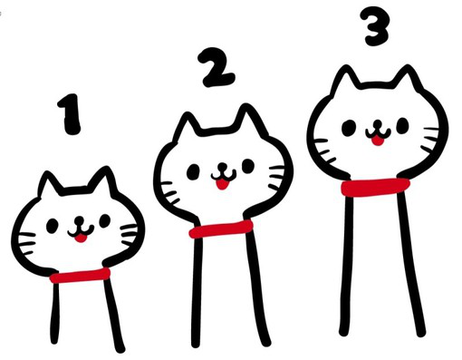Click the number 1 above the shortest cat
click(x=70, y=114)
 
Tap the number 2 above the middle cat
click(x=216, y=67)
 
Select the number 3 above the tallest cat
click(x=374, y=26)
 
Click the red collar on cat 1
click(x=80, y=276)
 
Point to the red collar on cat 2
click(x=221, y=229)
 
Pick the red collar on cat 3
click(x=375, y=187)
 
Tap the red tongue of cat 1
click(x=81, y=238)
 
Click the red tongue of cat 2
click(x=222, y=184)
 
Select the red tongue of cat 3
click(x=377, y=141)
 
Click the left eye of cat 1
click(x=52, y=226)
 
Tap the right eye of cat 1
click(x=105, y=220)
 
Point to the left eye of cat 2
click(x=193, y=171)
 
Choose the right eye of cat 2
click(x=248, y=166)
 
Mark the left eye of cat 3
click(x=348, y=128)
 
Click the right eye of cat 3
click(x=402, y=125)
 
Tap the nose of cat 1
click(x=79, y=219)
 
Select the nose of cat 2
click(x=223, y=166)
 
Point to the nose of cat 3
click(x=378, y=123)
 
